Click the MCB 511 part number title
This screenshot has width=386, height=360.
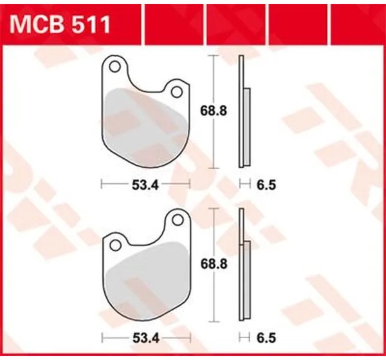[x=60, y=24]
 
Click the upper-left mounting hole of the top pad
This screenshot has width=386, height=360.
[x=115, y=67]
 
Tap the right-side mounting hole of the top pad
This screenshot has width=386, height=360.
[x=176, y=92]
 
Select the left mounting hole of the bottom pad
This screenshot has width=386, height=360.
[x=115, y=246]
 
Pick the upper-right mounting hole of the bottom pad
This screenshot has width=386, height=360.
[x=178, y=220]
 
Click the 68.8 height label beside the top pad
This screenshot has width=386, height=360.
[x=213, y=111]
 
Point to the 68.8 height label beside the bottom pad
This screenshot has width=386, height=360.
[x=214, y=264]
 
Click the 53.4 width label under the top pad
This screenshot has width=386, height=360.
[x=145, y=185]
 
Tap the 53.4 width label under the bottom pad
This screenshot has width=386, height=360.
[x=146, y=338]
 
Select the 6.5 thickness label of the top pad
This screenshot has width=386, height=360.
[x=266, y=185]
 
